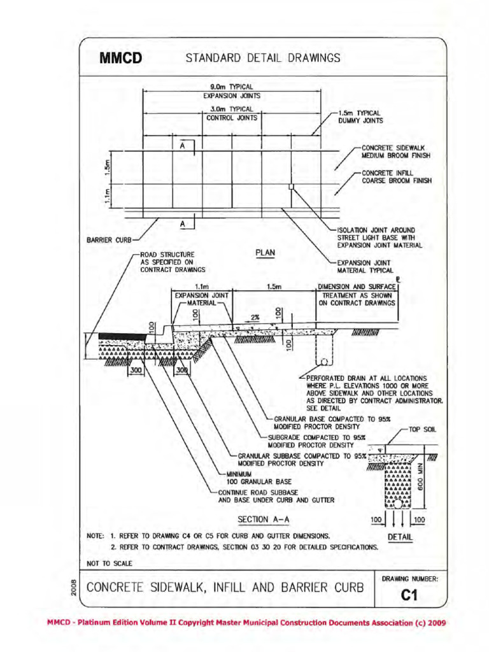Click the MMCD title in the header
click(x=120, y=59)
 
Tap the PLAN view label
click(x=266, y=253)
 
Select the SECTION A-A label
click(x=263, y=519)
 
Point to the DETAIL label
click(x=400, y=537)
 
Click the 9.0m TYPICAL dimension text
click(x=232, y=87)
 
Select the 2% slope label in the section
click(x=255, y=316)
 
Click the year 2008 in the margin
click(x=74, y=588)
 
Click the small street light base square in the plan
click(x=291, y=187)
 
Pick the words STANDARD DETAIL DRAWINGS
click(x=263, y=59)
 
